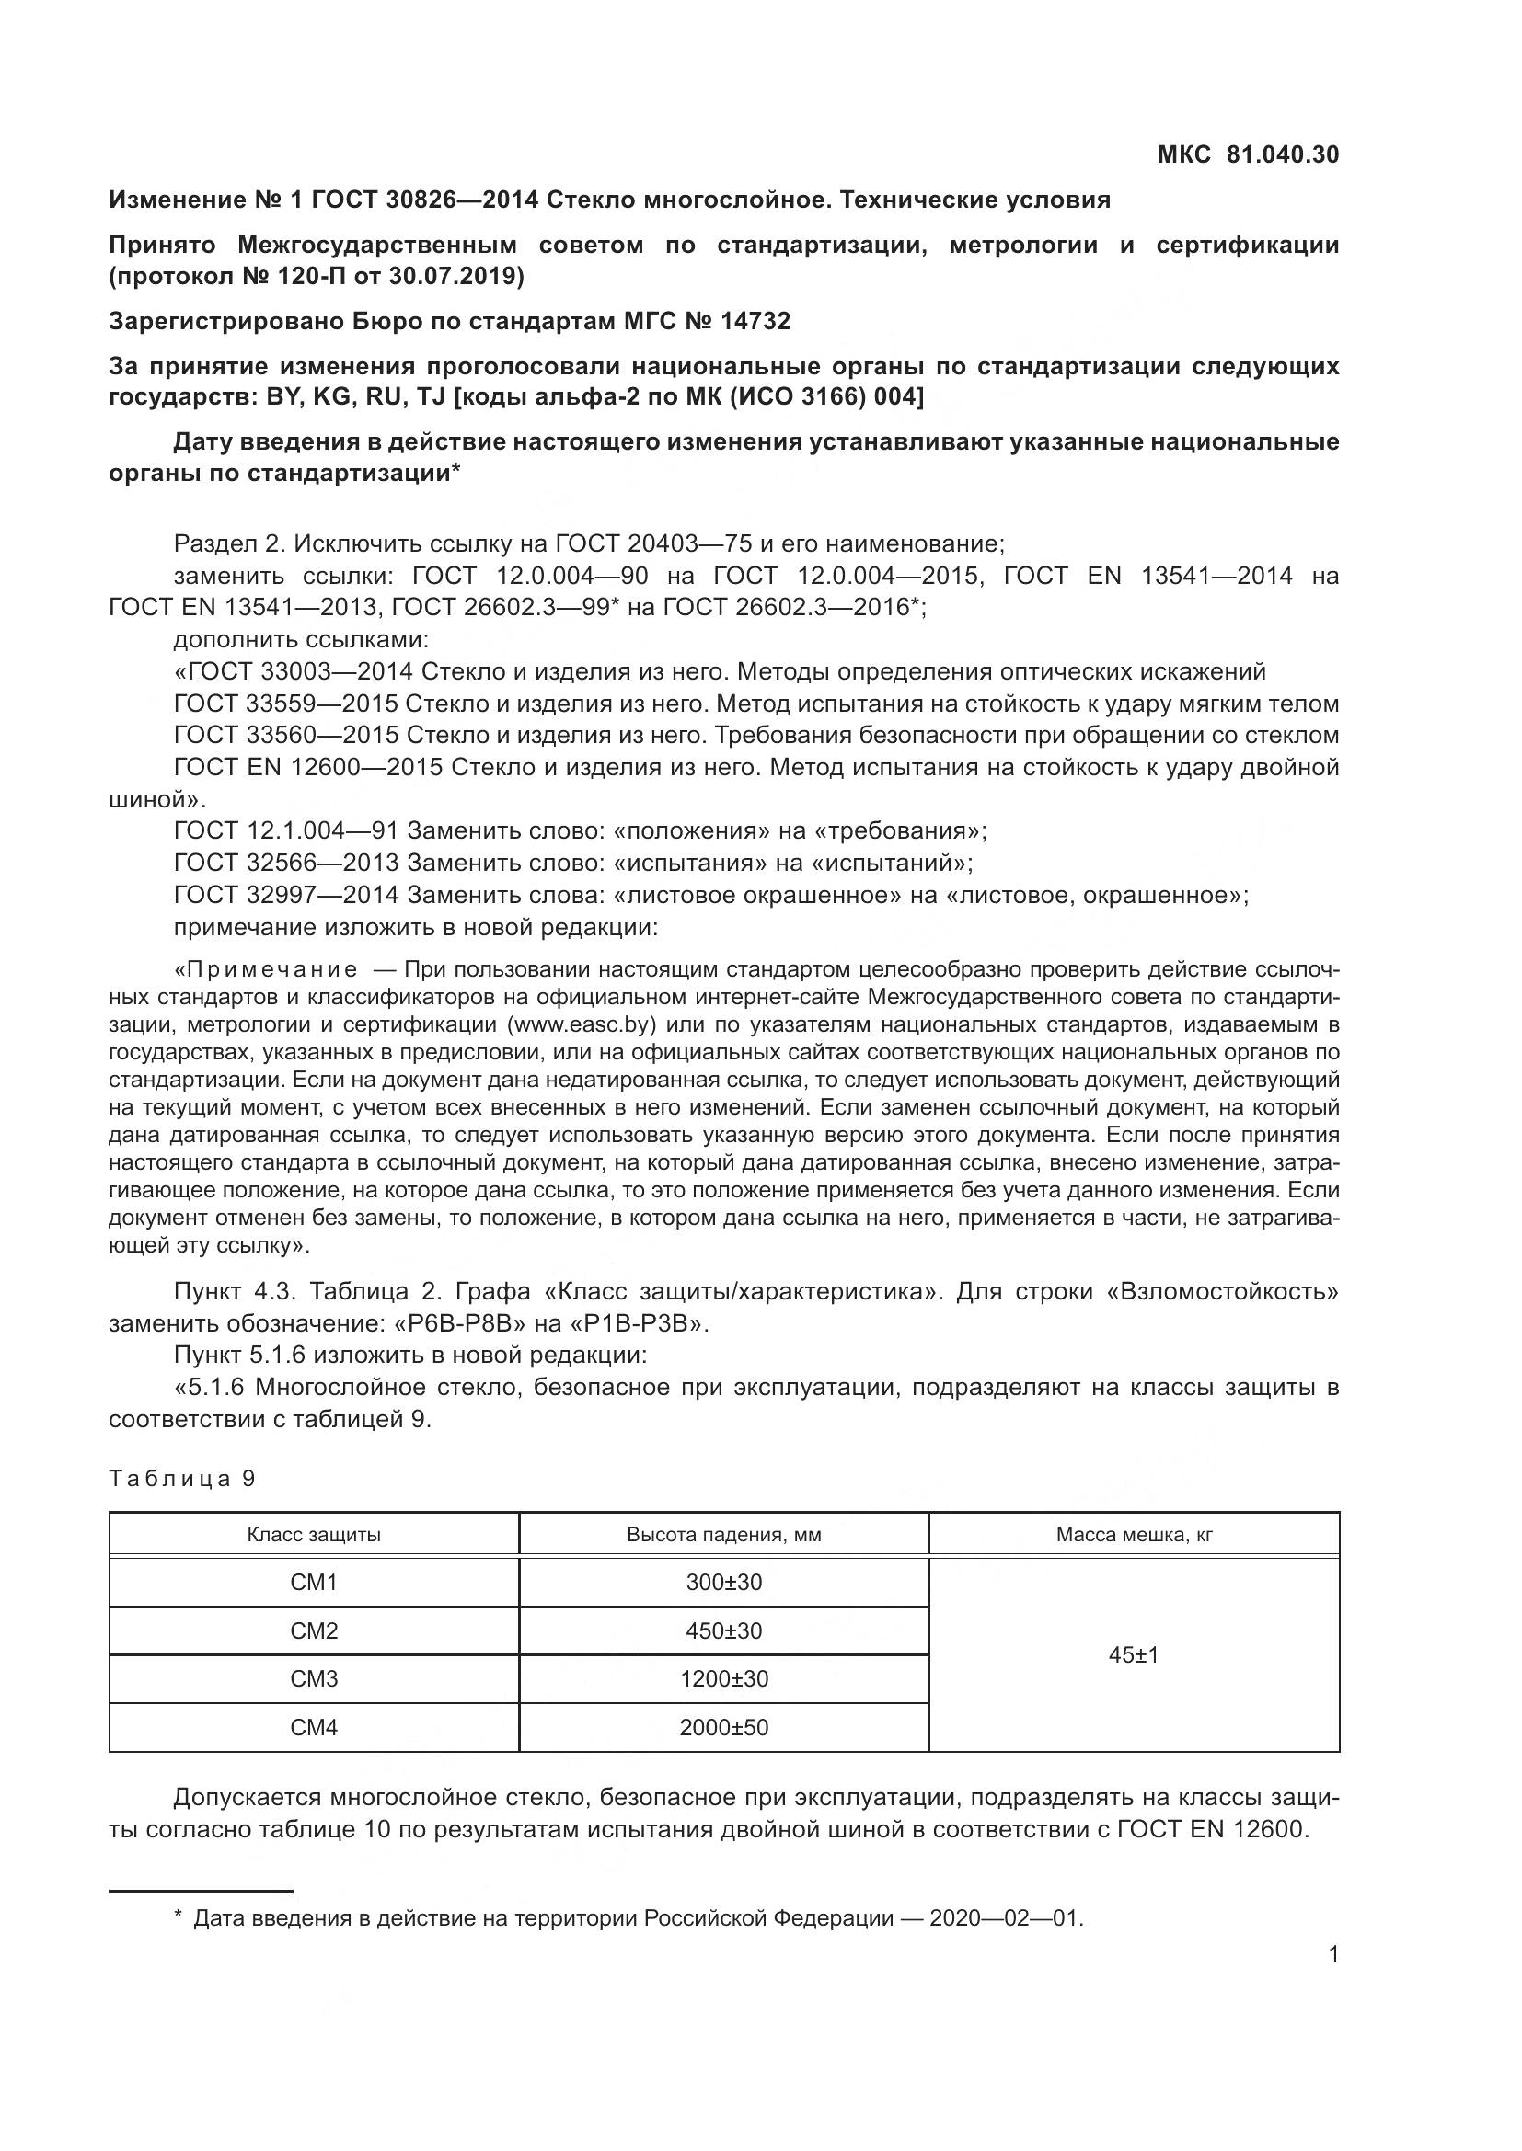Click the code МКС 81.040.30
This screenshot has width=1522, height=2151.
1248,154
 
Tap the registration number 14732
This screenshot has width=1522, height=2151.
755,321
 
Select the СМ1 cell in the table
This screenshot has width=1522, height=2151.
314,1583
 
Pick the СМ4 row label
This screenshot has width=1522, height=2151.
314,1728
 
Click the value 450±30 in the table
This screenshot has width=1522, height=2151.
723,1631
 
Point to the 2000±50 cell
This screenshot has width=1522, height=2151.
723,1728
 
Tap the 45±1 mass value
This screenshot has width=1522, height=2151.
1133,1655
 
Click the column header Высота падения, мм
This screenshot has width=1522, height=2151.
723,1535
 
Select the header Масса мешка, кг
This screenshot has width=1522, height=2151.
1134,1535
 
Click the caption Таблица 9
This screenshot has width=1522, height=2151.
182,1479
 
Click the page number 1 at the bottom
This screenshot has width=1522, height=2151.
1333,1954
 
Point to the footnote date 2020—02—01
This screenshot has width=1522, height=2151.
1005,1918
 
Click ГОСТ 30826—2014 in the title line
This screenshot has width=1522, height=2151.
424,200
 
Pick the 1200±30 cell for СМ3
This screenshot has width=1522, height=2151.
723,1679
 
